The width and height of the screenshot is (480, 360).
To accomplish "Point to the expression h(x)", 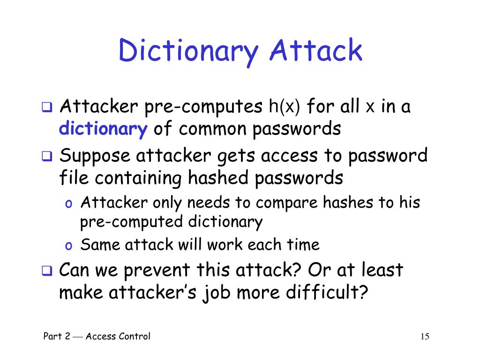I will pos(284,107).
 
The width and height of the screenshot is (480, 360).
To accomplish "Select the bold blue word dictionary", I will pos(103,128).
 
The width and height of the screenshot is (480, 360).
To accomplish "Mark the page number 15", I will pos(425,336).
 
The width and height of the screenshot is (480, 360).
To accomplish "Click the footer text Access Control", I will pos(118,336).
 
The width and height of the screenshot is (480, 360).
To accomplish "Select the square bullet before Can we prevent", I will pos(47,271).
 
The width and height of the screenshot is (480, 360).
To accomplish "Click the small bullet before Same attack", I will pos(68,246).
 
